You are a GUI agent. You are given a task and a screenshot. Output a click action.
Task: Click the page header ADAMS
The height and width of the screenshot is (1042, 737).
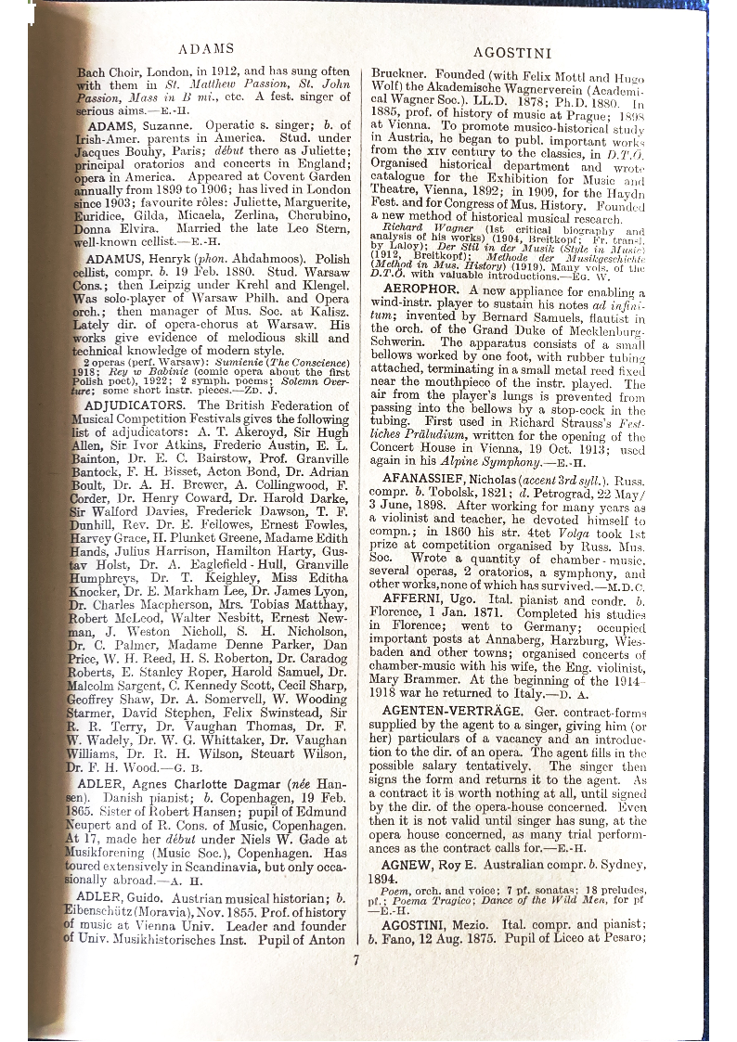pos(205,48)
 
